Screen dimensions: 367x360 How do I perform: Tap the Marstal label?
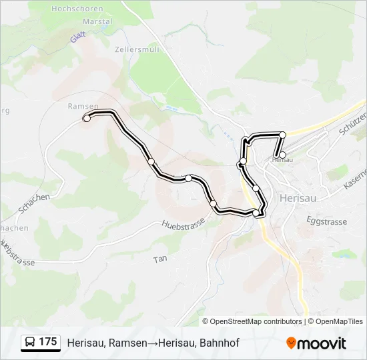point(97,21)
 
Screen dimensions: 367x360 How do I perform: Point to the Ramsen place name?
point(83,106)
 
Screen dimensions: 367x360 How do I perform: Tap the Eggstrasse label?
point(327,221)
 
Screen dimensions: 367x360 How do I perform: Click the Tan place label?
point(159,259)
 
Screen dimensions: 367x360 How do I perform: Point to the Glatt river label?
point(78,37)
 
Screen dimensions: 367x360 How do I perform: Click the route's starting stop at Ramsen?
point(87,118)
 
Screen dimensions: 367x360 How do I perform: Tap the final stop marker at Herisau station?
point(282,155)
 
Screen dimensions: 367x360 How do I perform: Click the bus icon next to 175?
point(30,343)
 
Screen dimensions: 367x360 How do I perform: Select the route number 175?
point(48,342)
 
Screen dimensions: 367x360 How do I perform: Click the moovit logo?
point(316,343)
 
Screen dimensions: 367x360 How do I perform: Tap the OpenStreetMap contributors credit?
point(252,321)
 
